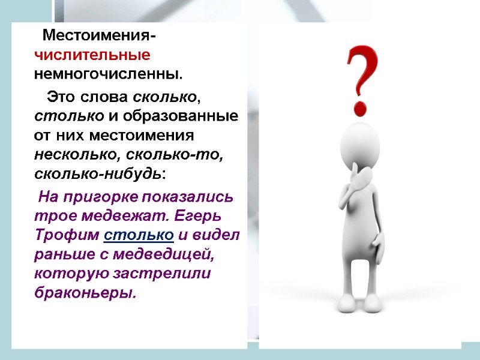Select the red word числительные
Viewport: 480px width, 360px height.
coord(92,55)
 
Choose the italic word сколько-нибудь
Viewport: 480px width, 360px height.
coord(98,174)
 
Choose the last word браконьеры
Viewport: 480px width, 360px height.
coord(86,293)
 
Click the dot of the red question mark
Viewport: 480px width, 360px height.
coord(361,108)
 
